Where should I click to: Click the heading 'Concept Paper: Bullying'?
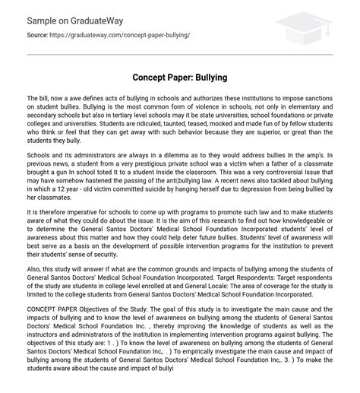coord(179,78)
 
